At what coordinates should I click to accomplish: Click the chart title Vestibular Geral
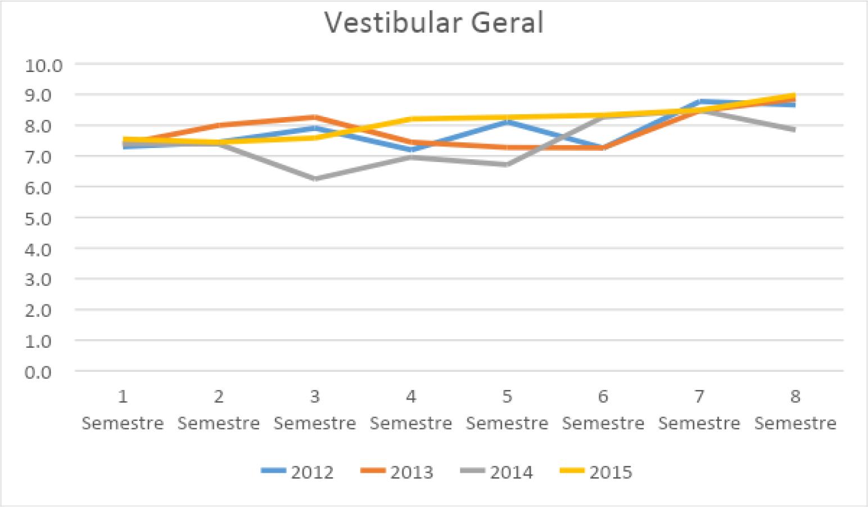point(434,23)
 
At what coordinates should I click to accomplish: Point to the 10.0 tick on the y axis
point(43,65)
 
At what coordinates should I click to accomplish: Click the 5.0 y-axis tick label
point(43,218)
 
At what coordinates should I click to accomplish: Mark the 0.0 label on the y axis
point(43,372)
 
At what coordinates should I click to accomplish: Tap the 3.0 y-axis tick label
point(43,280)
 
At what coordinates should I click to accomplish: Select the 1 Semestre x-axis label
point(123,410)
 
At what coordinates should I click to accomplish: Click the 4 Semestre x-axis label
point(411,410)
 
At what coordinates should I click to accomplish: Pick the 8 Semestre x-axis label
point(795,410)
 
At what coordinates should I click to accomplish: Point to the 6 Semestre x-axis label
point(603,410)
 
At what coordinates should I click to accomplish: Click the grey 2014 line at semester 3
point(315,179)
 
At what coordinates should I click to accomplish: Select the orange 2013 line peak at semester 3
point(315,118)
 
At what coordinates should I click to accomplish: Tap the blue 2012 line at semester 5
point(507,121)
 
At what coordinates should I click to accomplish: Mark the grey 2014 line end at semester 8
point(794,130)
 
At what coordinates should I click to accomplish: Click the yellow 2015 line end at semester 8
point(794,96)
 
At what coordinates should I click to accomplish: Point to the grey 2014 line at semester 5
point(507,165)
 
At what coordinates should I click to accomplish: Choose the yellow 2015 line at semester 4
point(411,119)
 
